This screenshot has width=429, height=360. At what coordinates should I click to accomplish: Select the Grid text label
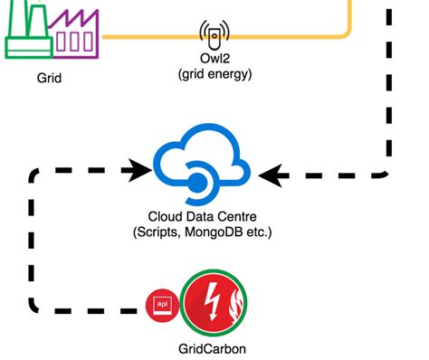tap(51, 78)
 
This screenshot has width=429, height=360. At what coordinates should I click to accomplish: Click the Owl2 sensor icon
tap(214, 36)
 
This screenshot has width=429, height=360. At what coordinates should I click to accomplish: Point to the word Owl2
tap(214, 61)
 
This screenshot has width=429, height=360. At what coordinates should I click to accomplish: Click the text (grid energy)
tap(214, 74)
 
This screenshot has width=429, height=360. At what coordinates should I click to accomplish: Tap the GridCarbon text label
tap(214, 347)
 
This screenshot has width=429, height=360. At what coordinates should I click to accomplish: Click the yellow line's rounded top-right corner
tap(344, 32)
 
